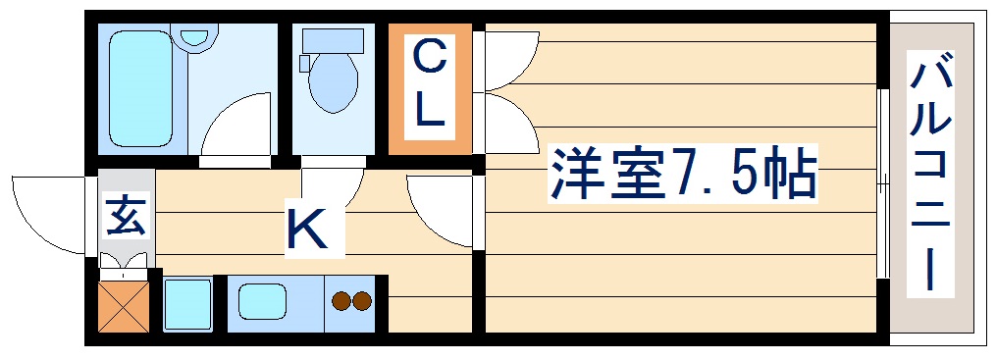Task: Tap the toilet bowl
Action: (334, 83)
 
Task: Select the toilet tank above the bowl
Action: (333, 40)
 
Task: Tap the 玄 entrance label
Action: (126, 215)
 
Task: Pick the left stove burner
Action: (342, 302)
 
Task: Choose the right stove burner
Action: (362, 302)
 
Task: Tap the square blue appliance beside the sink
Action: (187, 304)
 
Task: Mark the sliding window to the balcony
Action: (883, 182)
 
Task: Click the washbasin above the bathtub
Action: (197, 37)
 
